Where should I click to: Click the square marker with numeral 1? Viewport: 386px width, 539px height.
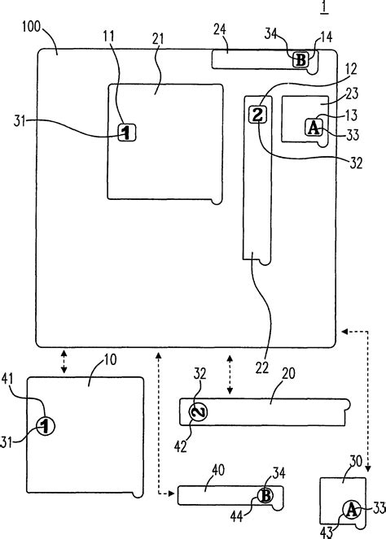coord(126,132)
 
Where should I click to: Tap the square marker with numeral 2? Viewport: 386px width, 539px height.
coord(257,115)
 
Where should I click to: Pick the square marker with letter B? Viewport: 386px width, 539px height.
coord(300,59)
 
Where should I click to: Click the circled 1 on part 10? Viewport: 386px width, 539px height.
coord(46,424)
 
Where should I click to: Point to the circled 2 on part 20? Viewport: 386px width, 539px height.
coord(199,412)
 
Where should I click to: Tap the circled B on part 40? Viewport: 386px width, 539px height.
coord(265,495)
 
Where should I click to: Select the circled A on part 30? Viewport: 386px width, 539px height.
coord(351,509)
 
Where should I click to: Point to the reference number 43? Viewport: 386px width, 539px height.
coord(328,531)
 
